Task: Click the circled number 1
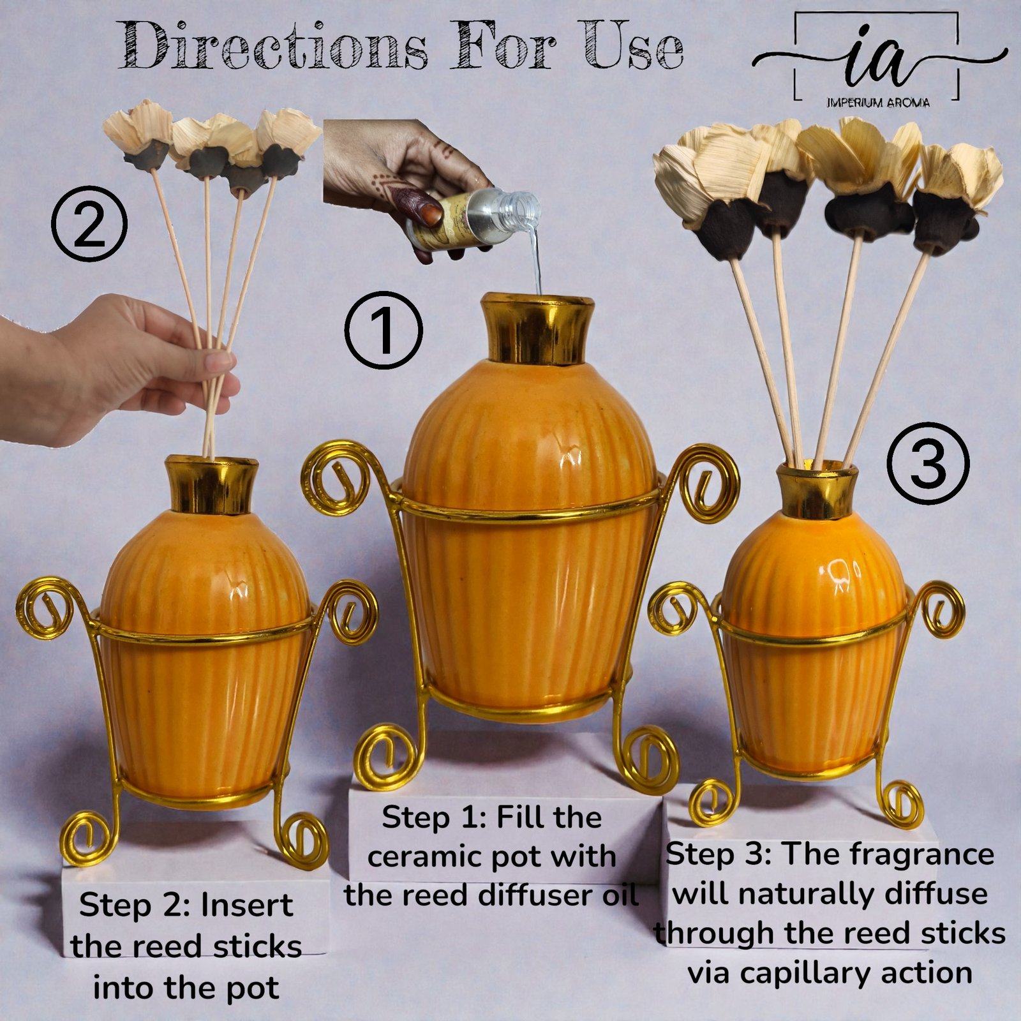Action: click(x=384, y=330)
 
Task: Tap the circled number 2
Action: click(x=89, y=223)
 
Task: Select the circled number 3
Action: click(x=929, y=463)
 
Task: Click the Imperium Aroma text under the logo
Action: click(x=878, y=102)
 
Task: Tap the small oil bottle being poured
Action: click(x=475, y=219)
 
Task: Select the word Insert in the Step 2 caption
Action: click(x=247, y=905)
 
